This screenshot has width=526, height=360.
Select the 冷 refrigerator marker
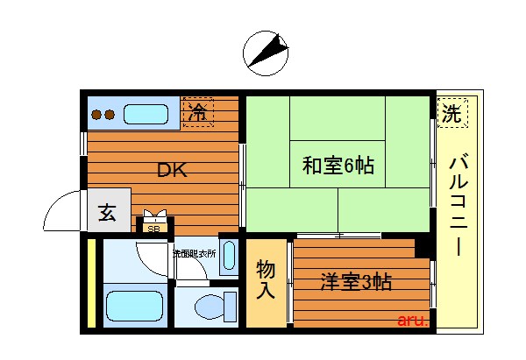[x=198, y=112]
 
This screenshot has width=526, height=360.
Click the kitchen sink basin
[x=145, y=114]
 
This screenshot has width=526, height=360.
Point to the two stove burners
[x=103, y=114]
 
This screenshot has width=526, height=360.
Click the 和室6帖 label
[x=338, y=165]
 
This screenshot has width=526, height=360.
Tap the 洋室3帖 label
[x=355, y=282]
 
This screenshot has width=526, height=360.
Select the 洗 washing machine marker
[x=452, y=112]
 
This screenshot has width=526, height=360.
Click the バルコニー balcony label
[x=457, y=206]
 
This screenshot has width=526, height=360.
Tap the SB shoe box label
[x=154, y=229]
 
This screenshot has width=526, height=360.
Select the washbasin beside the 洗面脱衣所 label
[x=229, y=256]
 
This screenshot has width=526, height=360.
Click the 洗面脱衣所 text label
[x=194, y=253]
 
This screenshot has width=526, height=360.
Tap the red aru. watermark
[x=413, y=321]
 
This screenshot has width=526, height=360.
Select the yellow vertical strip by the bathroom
[x=91, y=285]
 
